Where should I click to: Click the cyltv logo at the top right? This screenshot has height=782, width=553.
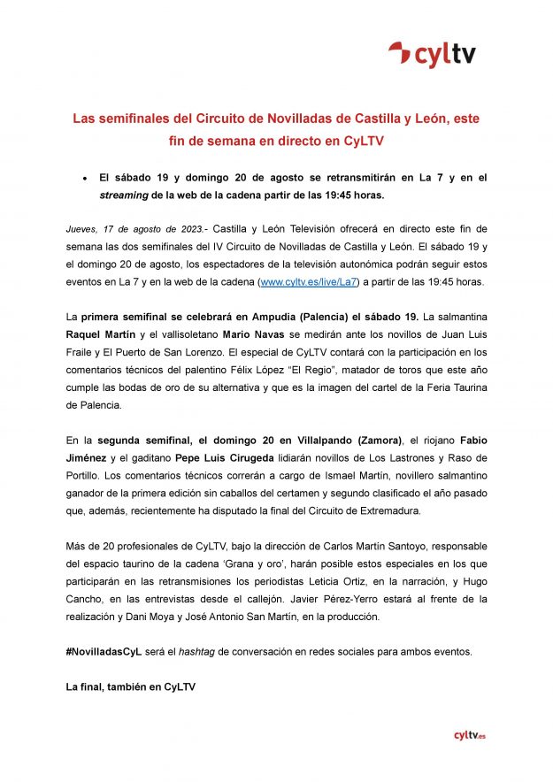tap(432, 54)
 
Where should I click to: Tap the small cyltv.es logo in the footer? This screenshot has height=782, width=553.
tap(469, 735)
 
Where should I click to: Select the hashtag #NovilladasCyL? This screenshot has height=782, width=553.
tap(104, 652)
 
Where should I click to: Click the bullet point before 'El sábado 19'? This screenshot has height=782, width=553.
tap(82, 178)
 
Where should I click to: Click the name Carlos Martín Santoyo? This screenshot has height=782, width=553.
tap(338, 547)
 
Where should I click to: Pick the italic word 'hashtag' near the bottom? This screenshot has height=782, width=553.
tap(197, 652)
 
